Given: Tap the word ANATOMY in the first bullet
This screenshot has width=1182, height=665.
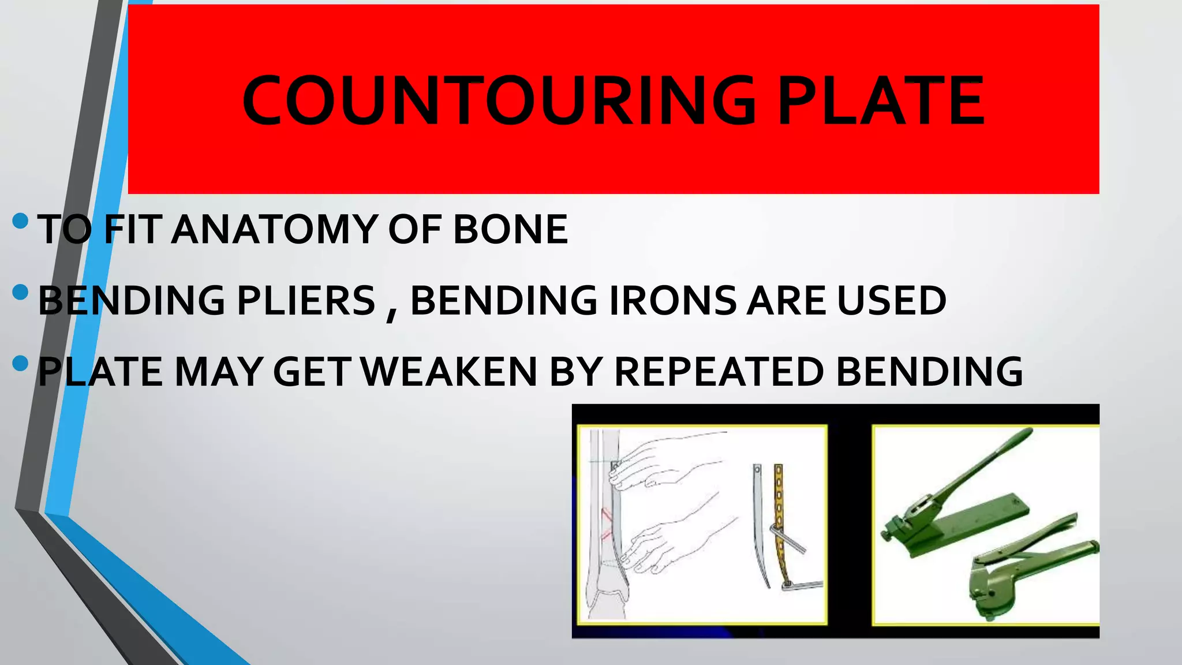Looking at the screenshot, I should [274, 229].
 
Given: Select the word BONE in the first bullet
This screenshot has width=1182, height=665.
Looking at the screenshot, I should [510, 229].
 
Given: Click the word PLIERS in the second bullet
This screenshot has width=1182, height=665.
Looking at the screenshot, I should [306, 301].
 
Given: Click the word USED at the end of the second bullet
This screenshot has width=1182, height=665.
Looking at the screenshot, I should [892, 301].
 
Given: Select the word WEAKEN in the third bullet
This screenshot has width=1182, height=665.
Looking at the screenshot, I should [451, 372].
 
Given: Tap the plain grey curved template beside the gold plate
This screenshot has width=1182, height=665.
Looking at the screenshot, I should [759, 520].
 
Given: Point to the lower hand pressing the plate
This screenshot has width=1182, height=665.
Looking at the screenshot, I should [669, 543].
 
